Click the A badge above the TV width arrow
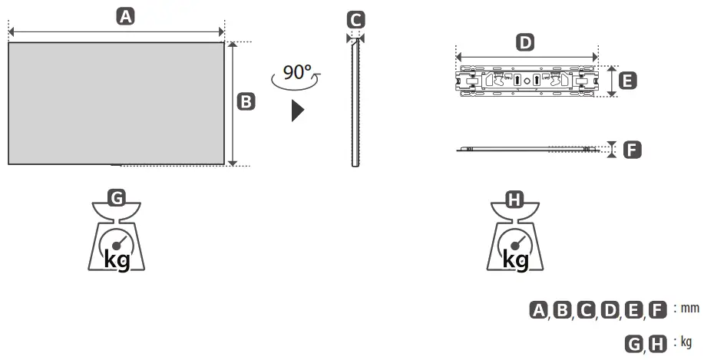[125, 17]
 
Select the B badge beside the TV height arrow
[246, 102]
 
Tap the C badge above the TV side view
[355, 20]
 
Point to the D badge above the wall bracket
[525, 43]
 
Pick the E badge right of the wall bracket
[627, 81]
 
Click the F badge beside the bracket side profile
[632, 150]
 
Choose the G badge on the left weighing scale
[116, 197]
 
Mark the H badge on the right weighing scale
[514, 200]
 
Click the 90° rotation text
[297, 72]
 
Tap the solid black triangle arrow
[297, 111]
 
